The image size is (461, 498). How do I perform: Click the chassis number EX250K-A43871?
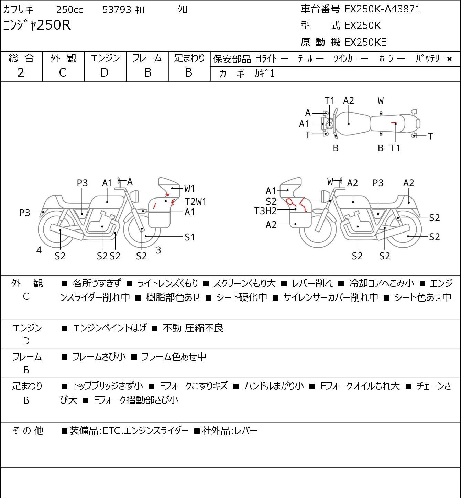[382, 9]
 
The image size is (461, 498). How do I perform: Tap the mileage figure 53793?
[117, 10]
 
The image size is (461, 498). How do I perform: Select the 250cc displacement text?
[69, 10]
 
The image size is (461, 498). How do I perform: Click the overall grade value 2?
[21, 73]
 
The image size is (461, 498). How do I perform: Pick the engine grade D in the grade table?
[105, 73]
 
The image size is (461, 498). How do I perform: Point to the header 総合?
[21, 58]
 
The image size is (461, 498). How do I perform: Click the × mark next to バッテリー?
[449, 59]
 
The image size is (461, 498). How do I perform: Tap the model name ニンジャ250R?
[37, 25]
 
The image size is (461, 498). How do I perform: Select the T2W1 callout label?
[195, 202]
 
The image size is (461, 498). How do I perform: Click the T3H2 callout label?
[265, 211]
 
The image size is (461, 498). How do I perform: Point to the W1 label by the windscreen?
[189, 189]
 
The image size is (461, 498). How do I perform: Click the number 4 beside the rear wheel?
[39, 250]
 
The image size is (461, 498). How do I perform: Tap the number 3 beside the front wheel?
[158, 250]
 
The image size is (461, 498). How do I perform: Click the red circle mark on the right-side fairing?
[290, 202]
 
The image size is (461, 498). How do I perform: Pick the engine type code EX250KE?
[365, 42]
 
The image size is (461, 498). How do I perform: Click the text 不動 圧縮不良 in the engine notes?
[193, 328]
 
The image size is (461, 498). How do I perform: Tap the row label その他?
[28, 431]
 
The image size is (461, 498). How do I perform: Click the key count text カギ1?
[264, 73]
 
